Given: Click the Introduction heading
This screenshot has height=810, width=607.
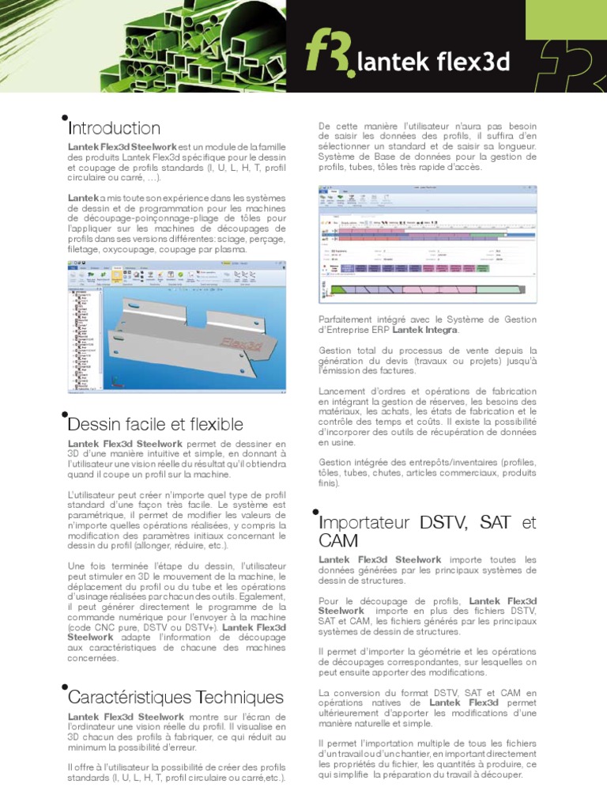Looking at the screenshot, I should [x=115, y=128].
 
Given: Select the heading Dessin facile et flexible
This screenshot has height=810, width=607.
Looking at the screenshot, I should [x=156, y=424].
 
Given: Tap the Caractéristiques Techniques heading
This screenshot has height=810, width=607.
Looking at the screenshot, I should [x=175, y=697].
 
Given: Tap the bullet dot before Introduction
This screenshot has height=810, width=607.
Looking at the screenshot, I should [x=64, y=119].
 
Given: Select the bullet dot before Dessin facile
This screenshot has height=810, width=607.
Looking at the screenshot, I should [x=64, y=414].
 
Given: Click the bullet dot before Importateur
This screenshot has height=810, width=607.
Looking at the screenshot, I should [x=315, y=513].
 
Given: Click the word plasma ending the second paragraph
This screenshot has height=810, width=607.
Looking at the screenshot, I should [x=231, y=249].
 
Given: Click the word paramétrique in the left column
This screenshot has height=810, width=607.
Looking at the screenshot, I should [x=101, y=515].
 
